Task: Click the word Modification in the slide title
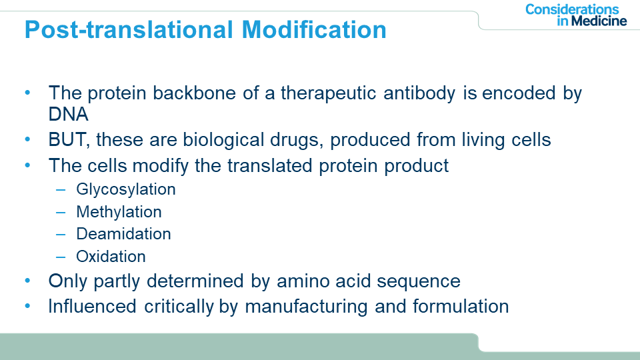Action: [314, 30]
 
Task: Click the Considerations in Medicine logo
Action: [575, 15]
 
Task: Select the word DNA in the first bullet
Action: [68, 114]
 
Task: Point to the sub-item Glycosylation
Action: [126, 190]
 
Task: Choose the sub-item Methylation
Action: [119, 212]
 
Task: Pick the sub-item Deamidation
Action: [123, 234]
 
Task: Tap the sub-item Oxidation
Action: [111, 256]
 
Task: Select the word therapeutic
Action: [328, 93]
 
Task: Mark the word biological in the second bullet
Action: [223, 141]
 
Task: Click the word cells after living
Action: [531, 140]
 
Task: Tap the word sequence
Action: [419, 281]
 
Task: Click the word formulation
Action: [461, 307]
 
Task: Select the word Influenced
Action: [92, 307]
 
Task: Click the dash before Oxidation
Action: [61, 257]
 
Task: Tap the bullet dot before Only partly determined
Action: [28, 281]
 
